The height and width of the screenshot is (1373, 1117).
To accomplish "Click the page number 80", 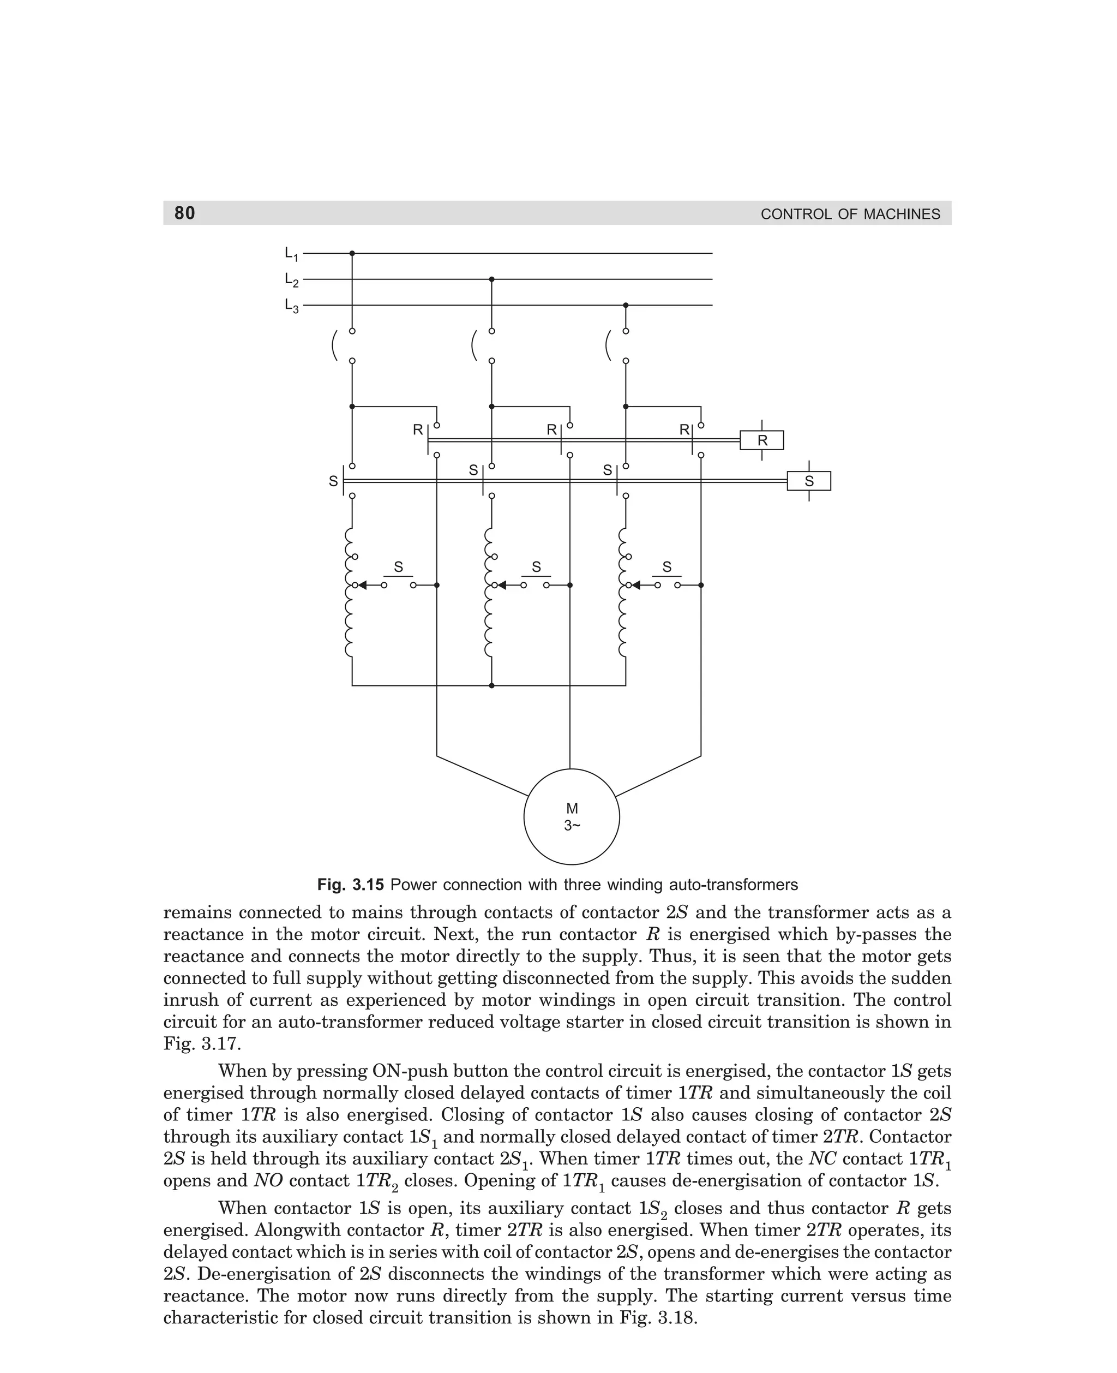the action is [185, 213].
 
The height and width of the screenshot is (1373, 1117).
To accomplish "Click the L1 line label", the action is [291, 254].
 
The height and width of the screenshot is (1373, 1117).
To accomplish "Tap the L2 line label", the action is [291, 280].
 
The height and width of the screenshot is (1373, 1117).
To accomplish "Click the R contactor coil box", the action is [762, 441].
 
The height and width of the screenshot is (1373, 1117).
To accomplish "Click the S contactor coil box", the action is [809, 481].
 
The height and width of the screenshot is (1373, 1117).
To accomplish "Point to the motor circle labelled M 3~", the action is [572, 817].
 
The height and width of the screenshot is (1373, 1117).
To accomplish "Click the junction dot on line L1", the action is [352, 254].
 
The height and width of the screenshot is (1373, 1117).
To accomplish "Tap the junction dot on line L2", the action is [491, 279].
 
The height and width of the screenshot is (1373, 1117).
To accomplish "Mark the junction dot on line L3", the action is [626, 305].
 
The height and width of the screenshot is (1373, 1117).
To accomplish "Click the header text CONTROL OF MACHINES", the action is [850, 214].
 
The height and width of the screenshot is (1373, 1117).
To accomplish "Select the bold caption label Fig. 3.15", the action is [350, 885].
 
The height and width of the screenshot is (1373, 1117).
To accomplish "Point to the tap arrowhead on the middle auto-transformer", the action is [502, 585].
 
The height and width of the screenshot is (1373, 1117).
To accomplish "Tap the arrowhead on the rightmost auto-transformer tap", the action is [636, 585].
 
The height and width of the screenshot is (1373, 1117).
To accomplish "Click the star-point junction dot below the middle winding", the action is [491, 685].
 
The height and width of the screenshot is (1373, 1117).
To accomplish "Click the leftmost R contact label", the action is [418, 430].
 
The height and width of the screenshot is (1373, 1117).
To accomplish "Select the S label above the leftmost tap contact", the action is [398, 567].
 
